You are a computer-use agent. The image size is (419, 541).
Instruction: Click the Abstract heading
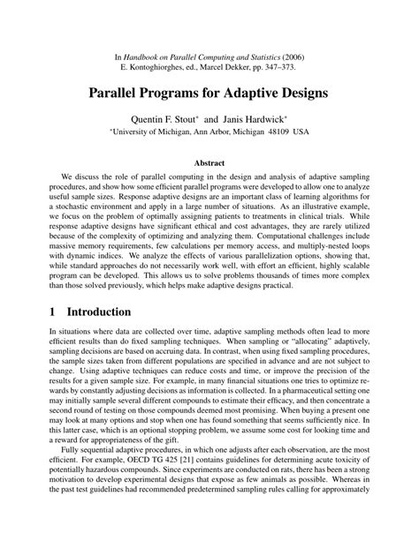pos(209,162)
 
